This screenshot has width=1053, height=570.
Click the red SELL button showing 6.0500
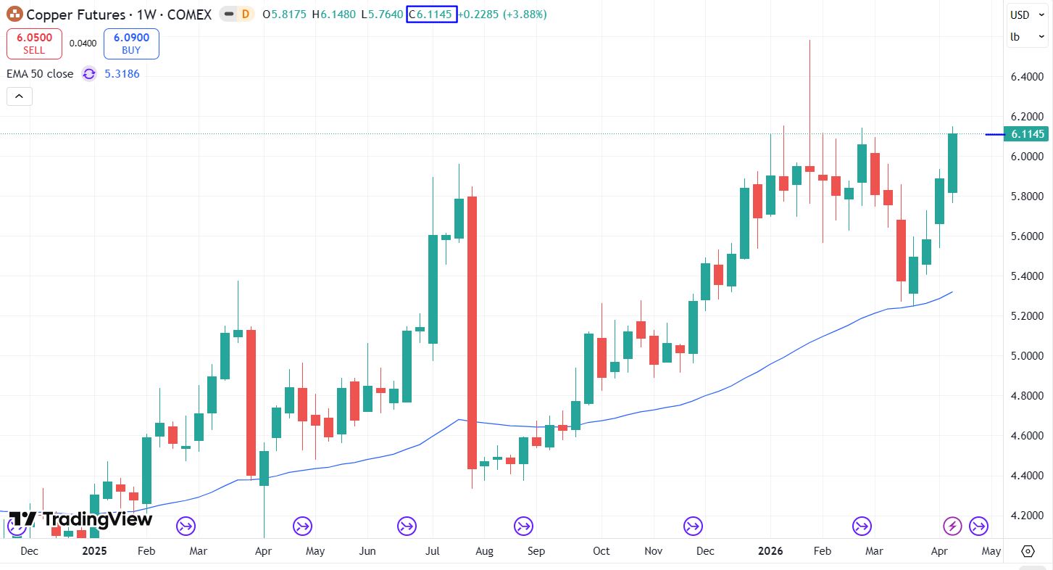coord(34,44)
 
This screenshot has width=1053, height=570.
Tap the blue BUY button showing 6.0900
coord(131,44)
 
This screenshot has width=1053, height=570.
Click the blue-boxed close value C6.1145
coord(432,14)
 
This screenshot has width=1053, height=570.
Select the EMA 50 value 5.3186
coord(122,73)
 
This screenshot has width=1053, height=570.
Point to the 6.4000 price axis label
coord(1027,77)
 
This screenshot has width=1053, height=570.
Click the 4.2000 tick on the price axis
coord(1027,516)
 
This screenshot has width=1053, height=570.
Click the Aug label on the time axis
coord(484,551)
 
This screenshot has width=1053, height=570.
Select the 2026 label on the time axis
coord(770,551)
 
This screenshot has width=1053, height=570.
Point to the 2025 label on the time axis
coord(94,551)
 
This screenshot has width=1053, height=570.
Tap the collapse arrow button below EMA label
coord(20,96)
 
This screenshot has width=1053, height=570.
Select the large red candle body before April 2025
coord(251,402)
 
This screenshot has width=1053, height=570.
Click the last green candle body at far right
coord(952,163)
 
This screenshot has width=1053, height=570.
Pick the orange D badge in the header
coord(246,14)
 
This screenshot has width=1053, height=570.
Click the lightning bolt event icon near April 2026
coord(952,526)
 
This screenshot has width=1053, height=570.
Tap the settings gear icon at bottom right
coord(1028,551)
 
